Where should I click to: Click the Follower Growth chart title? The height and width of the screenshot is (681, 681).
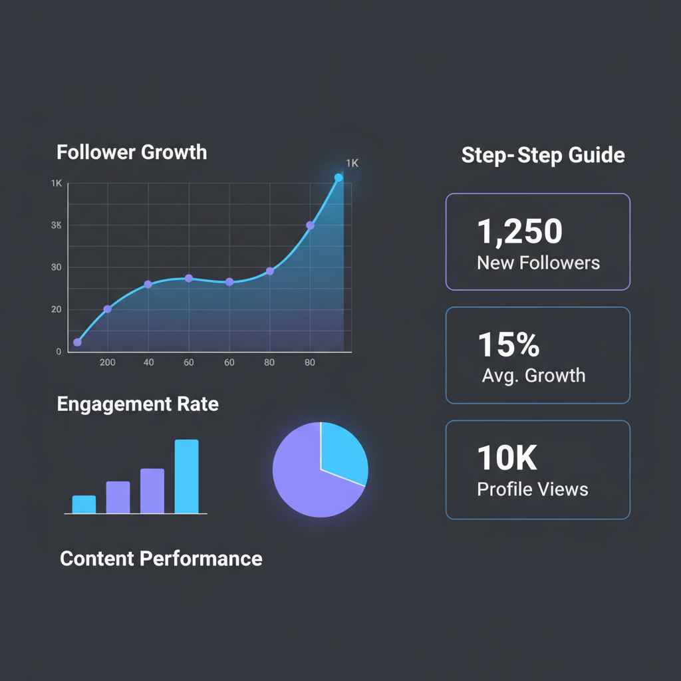[132, 152]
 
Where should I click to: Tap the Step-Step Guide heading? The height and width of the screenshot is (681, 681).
[543, 156]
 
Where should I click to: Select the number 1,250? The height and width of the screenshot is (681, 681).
[520, 231]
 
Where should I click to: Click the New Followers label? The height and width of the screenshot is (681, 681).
[538, 263]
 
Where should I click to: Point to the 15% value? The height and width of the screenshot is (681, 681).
[509, 344]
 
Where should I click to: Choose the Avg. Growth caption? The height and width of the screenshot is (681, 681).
[533, 375]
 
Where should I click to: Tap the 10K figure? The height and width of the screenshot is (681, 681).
[507, 458]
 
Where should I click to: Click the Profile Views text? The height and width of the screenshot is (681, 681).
[533, 489]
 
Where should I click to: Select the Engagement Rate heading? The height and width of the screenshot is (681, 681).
[138, 404]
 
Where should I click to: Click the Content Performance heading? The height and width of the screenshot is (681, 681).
[161, 558]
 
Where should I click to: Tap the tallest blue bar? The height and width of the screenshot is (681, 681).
[186, 476]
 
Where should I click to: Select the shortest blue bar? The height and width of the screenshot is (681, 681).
[84, 504]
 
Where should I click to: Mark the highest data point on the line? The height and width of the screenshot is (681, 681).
[339, 178]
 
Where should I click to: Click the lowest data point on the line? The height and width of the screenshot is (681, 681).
[77, 342]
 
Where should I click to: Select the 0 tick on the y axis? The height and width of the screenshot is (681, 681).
[59, 351]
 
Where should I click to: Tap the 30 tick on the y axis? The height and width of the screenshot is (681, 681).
[57, 267]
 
